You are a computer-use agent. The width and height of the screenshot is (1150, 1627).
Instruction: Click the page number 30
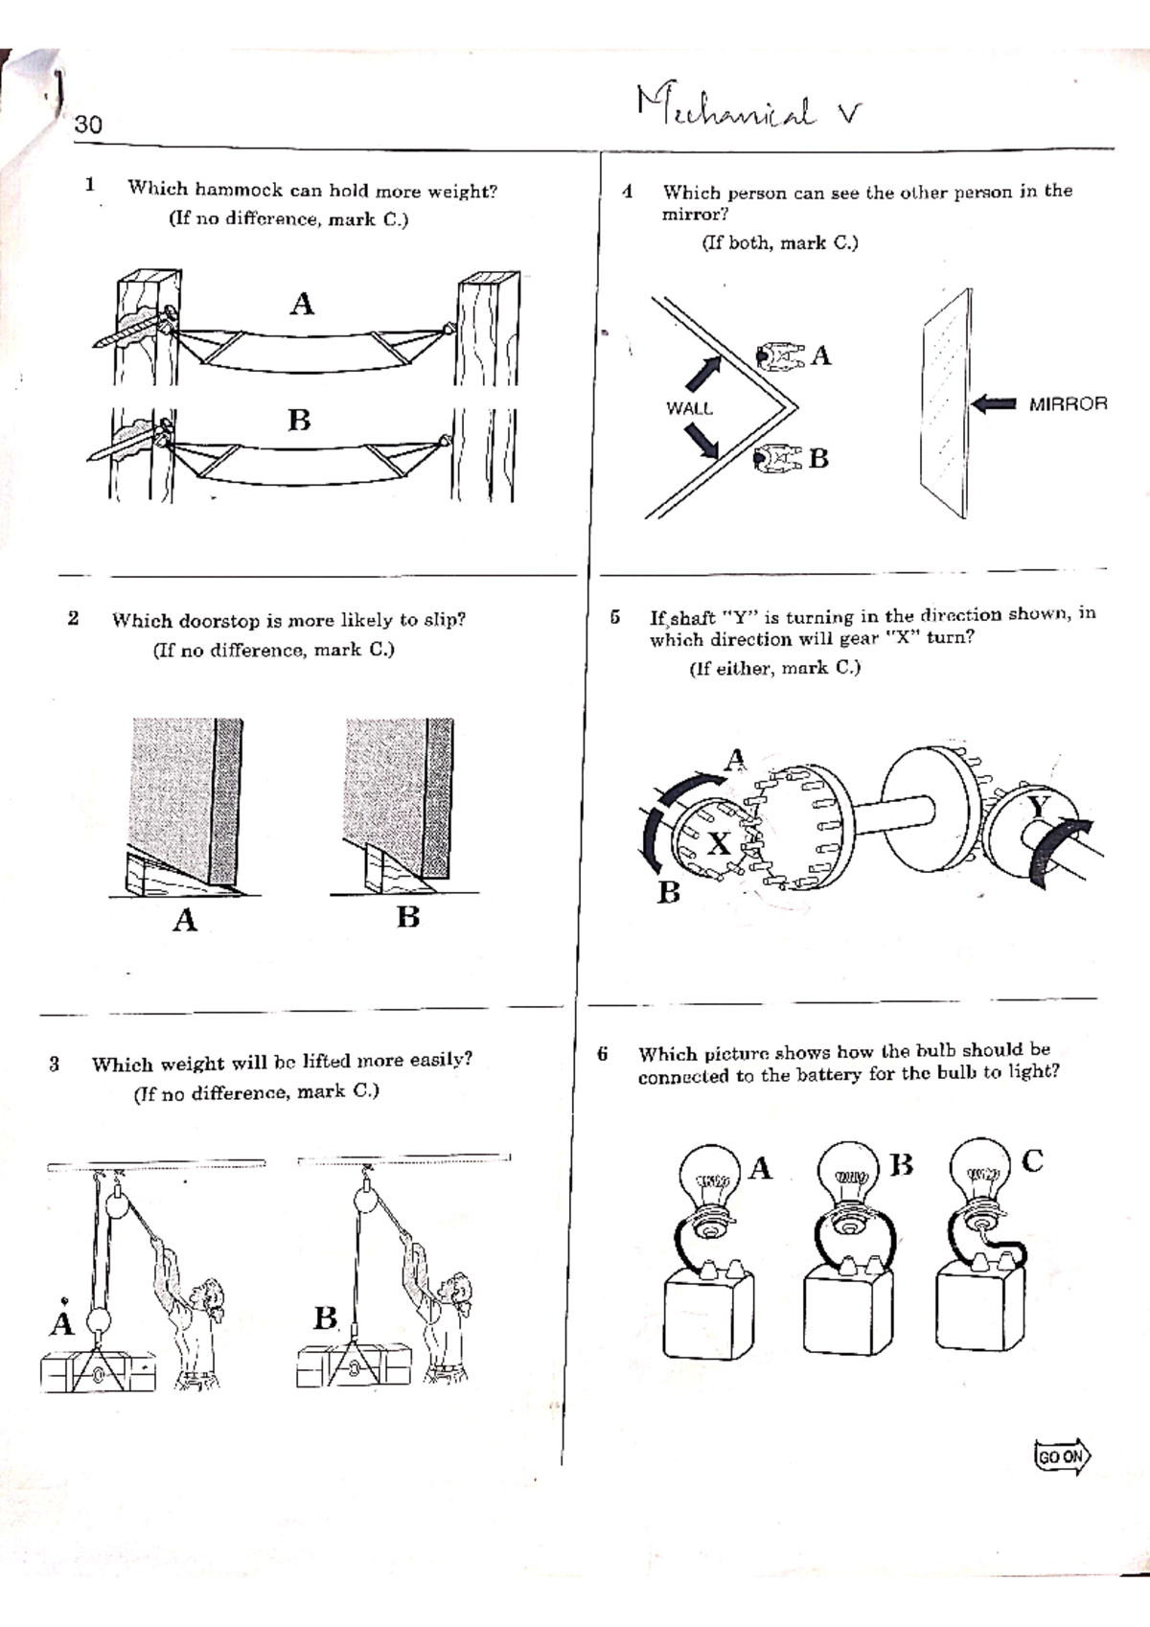pos(88,125)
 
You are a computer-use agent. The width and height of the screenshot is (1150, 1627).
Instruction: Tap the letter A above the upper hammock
pos(302,305)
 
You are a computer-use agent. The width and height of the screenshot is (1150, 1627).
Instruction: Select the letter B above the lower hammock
pos(299,421)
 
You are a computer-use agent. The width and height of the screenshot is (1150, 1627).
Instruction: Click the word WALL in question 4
pos(689,408)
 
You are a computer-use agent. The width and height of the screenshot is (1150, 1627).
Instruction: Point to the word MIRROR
pos(1068,404)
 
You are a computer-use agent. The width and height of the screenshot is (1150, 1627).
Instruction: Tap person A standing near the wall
pos(780,356)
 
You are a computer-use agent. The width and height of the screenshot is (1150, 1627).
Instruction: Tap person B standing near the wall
pos(778,459)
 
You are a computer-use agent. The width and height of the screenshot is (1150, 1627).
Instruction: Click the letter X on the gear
pos(719,844)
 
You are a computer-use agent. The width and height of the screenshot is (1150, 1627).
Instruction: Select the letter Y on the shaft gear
pos(1039,807)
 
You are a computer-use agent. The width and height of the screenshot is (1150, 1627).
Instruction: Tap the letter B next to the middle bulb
pos(901,1165)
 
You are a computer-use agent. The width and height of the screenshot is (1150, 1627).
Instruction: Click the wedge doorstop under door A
pos(168,874)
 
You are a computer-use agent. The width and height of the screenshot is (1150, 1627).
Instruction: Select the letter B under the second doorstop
pos(408,917)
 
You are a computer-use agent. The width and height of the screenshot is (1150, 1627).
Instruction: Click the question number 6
pos(602,1054)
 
